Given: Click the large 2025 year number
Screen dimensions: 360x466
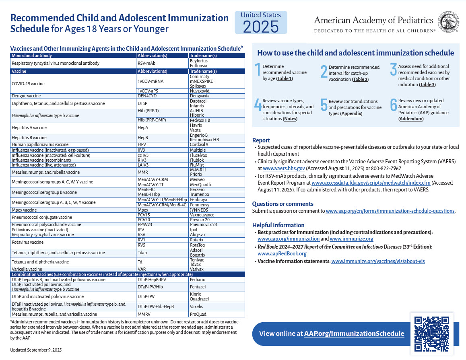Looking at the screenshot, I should (261, 27).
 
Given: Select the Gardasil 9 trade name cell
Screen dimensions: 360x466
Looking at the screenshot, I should (199, 144).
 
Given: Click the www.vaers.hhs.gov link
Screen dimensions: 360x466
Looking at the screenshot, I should (283, 168).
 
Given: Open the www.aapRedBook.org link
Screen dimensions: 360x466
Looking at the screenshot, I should (282, 253).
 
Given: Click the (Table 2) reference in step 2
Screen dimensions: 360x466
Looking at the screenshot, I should (360, 79).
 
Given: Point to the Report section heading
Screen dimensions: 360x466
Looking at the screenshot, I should (261, 140).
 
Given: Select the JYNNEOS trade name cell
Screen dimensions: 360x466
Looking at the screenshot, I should (200, 210).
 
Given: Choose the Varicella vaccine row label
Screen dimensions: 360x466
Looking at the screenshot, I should (27, 269).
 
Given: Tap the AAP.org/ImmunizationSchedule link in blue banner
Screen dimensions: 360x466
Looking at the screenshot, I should (354, 333).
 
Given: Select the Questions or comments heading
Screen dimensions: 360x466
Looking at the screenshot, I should (282, 204).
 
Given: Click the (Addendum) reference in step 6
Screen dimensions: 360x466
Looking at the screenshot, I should (411, 119).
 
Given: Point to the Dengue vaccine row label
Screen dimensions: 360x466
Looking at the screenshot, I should (25, 96).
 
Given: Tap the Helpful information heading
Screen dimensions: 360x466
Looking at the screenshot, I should (278, 225).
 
